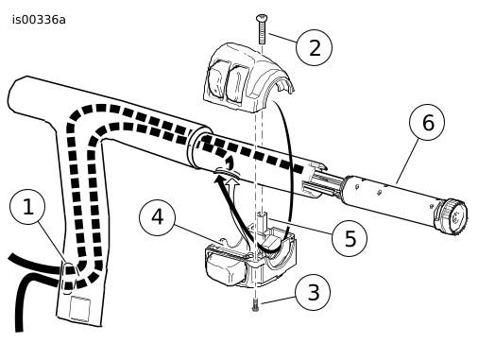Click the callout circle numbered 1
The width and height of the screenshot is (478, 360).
27,207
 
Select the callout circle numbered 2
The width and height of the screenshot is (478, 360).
315,48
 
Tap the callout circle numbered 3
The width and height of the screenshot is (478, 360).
313,292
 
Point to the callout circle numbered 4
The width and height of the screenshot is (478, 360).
157,217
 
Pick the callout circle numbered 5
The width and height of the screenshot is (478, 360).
350,238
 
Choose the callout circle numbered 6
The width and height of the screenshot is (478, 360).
427,122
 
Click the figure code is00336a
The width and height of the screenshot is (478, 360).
39,20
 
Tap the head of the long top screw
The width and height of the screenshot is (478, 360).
262,18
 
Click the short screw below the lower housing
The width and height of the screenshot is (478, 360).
255,306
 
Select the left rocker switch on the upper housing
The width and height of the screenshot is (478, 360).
216,78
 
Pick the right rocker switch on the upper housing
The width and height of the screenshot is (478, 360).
238,82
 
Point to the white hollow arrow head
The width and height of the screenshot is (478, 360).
232,181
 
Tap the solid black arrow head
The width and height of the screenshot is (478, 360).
219,180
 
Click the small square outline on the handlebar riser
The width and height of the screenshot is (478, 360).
79,308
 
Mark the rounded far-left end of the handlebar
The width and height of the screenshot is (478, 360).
12,94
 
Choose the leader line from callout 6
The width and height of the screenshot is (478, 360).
408,161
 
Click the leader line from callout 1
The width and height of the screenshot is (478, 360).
52,243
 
